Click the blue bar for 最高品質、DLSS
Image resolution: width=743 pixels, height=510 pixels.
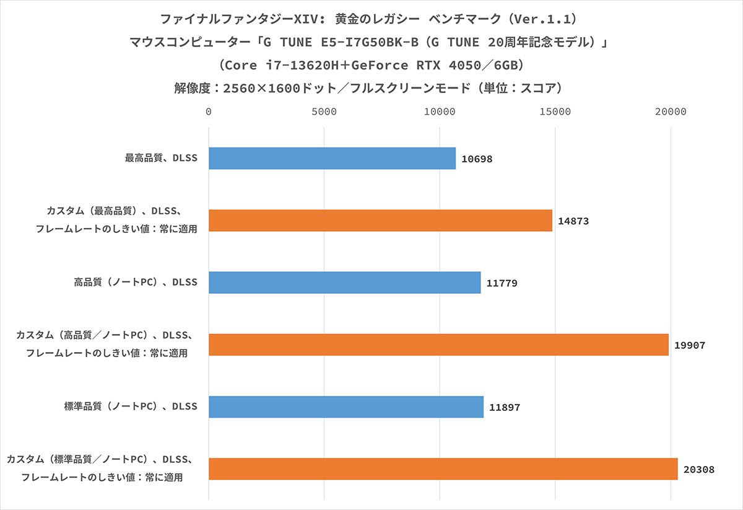click(332, 159)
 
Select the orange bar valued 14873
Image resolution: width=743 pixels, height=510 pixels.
click(380, 221)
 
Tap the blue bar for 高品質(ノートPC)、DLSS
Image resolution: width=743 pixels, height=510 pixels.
click(344, 283)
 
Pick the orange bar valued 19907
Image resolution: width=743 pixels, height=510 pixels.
click(438, 345)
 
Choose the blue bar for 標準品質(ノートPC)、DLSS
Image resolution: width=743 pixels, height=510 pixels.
click(345, 407)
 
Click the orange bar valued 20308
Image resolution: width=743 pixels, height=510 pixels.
click(443, 469)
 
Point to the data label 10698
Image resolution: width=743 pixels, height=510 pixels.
click(477, 159)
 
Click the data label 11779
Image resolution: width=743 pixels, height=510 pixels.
click(502, 283)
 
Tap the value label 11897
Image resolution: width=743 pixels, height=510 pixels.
click(505, 407)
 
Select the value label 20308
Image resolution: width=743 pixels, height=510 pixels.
click(699, 470)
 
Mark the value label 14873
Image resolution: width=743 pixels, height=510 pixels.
click(573, 221)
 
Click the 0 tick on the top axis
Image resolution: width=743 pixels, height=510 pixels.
click(209, 112)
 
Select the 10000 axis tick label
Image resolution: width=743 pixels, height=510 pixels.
click(440, 112)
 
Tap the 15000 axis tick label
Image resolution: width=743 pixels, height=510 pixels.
click(555, 112)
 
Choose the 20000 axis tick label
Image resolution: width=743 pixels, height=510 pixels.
click(671, 112)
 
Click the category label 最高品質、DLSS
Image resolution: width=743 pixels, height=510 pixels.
click(161, 159)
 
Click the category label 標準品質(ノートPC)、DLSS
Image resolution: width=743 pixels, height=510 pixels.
click(131, 407)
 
